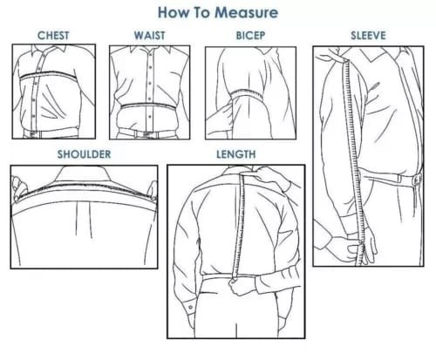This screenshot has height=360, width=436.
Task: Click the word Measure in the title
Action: pyautogui.click(x=246, y=12)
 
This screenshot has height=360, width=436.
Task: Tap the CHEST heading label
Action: pyautogui.click(x=53, y=36)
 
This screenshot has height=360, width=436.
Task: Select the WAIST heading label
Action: pyautogui.click(x=149, y=36)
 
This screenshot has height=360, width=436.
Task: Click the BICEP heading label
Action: pyautogui.click(x=250, y=36)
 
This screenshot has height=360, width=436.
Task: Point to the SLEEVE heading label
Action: pyautogui.click(x=368, y=36)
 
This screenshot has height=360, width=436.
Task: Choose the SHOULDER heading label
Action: pyautogui.click(x=84, y=154)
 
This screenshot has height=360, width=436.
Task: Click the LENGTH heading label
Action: pyautogui.click(x=236, y=154)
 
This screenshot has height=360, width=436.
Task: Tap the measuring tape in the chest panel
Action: pyautogui.click(x=48, y=75)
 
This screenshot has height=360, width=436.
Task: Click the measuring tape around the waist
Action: pyautogui.click(x=148, y=105)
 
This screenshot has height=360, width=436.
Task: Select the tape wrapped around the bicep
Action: pyautogui.click(x=247, y=93)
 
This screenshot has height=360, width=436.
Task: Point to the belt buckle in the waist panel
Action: pyautogui.click(x=146, y=134)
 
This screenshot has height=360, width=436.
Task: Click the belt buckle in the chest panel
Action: pyautogui.click(x=33, y=134)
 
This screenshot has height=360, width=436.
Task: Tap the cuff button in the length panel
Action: pyautogui.click(x=190, y=307)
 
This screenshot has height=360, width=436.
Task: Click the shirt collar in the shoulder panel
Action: pyautogui.click(x=84, y=174)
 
